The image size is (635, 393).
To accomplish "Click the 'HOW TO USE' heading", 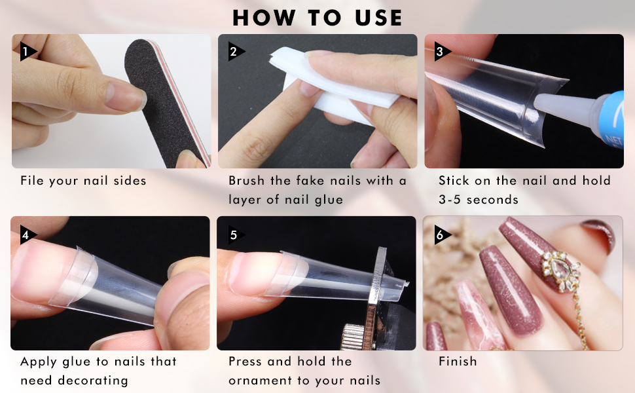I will tap(317, 17).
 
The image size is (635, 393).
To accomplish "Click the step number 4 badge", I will tap(27, 234).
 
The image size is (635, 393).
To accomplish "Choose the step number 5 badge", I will tap(234, 234).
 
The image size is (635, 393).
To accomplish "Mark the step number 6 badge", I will tap(441, 234).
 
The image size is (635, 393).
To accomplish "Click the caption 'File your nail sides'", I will tap(83, 181).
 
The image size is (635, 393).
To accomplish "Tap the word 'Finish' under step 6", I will tap(458, 362).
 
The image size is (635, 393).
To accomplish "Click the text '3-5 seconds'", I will tap(479, 199).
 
